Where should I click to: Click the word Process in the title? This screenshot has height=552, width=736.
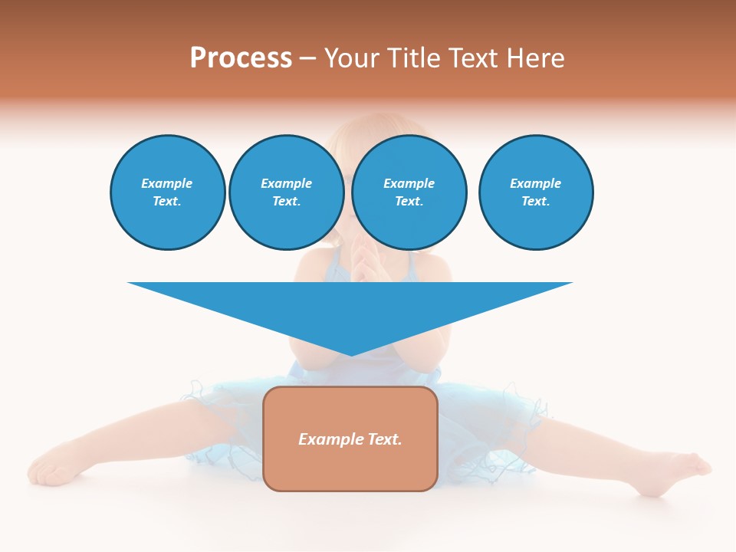click(241, 58)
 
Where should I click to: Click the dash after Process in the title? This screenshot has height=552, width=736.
click(307, 59)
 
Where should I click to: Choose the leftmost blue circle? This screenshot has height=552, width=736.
click(167, 192)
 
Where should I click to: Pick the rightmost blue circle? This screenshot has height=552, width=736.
click(535, 192)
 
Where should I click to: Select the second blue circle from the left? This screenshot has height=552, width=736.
click(286, 192)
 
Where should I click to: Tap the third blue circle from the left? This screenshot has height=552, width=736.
click(409, 192)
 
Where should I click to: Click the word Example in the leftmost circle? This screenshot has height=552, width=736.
click(167, 183)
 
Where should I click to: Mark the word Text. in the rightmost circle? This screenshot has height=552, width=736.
click(535, 201)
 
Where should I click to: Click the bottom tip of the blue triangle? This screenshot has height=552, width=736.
click(351, 354)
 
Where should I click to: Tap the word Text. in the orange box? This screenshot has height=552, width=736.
click(385, 439)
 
